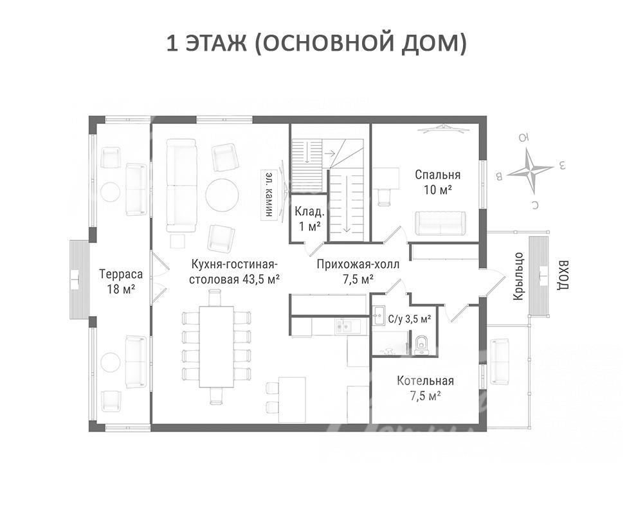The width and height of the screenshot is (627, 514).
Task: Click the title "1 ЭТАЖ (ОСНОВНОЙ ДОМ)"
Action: click(316, 43)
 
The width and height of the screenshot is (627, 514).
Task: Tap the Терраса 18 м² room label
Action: click(121, 281)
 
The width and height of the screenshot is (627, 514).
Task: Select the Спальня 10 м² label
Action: click(437, 182)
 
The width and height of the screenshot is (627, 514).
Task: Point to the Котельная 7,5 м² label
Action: click(426, 388)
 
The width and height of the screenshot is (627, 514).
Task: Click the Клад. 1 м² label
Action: click(309, 218)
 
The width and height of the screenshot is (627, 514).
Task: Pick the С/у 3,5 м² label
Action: click(410, 319)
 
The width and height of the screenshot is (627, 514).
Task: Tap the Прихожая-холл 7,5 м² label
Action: click(358, 272)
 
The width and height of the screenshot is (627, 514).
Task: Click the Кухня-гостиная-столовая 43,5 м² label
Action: click(234, 272)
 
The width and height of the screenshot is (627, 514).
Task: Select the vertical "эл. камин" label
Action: click(269, 195)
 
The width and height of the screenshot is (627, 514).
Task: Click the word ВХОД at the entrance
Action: click(563, 276)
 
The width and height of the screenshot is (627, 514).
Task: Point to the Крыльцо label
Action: click(518, 276)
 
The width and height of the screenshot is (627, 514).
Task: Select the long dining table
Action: click(216, 347)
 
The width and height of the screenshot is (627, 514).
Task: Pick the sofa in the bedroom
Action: click(441, 223)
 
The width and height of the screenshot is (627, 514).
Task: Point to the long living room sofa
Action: click(181, 185)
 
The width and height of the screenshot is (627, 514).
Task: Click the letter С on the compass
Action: click(535, 205)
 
